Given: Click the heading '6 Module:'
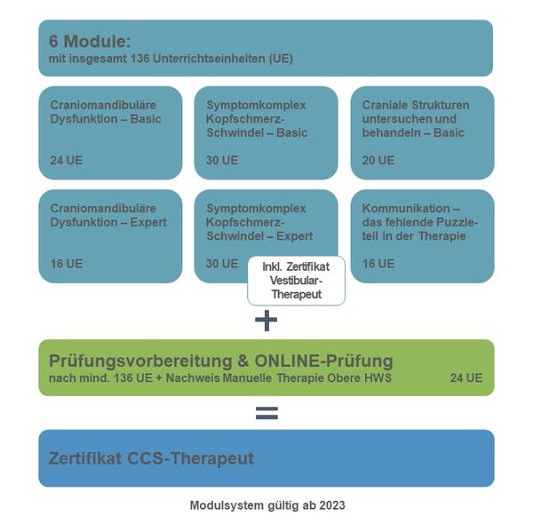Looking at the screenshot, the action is pos(90,42).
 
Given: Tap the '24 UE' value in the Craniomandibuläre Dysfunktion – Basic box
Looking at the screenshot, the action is pos(67,161).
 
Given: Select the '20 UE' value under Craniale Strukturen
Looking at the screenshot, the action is pos(378,161).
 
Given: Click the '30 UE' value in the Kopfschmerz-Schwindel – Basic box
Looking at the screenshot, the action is pos(222,161).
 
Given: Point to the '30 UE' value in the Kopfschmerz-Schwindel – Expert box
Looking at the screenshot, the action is pos(222,264).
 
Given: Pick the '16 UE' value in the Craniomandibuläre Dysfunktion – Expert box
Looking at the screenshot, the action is pos(67,264).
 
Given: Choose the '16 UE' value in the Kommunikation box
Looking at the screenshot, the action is pos(378,264).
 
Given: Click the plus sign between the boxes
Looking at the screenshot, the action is pos(266,321).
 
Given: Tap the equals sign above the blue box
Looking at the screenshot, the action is pos(266,413).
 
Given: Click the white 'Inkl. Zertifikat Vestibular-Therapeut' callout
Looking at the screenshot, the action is pos(296,281).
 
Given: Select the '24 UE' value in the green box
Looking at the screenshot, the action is pos(466,377).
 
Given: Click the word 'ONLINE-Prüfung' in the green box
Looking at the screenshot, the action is pos(323,361).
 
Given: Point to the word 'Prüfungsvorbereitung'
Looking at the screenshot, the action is pos(140,361).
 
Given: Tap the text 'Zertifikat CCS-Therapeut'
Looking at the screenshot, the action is pos(151,458).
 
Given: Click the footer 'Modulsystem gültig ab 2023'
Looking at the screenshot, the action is pos(267,505).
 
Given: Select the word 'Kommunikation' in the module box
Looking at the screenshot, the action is pos(406,209).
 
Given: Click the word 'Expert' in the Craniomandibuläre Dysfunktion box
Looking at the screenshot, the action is pos(148,223).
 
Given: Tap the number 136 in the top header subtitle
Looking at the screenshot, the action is pos(140,59).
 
